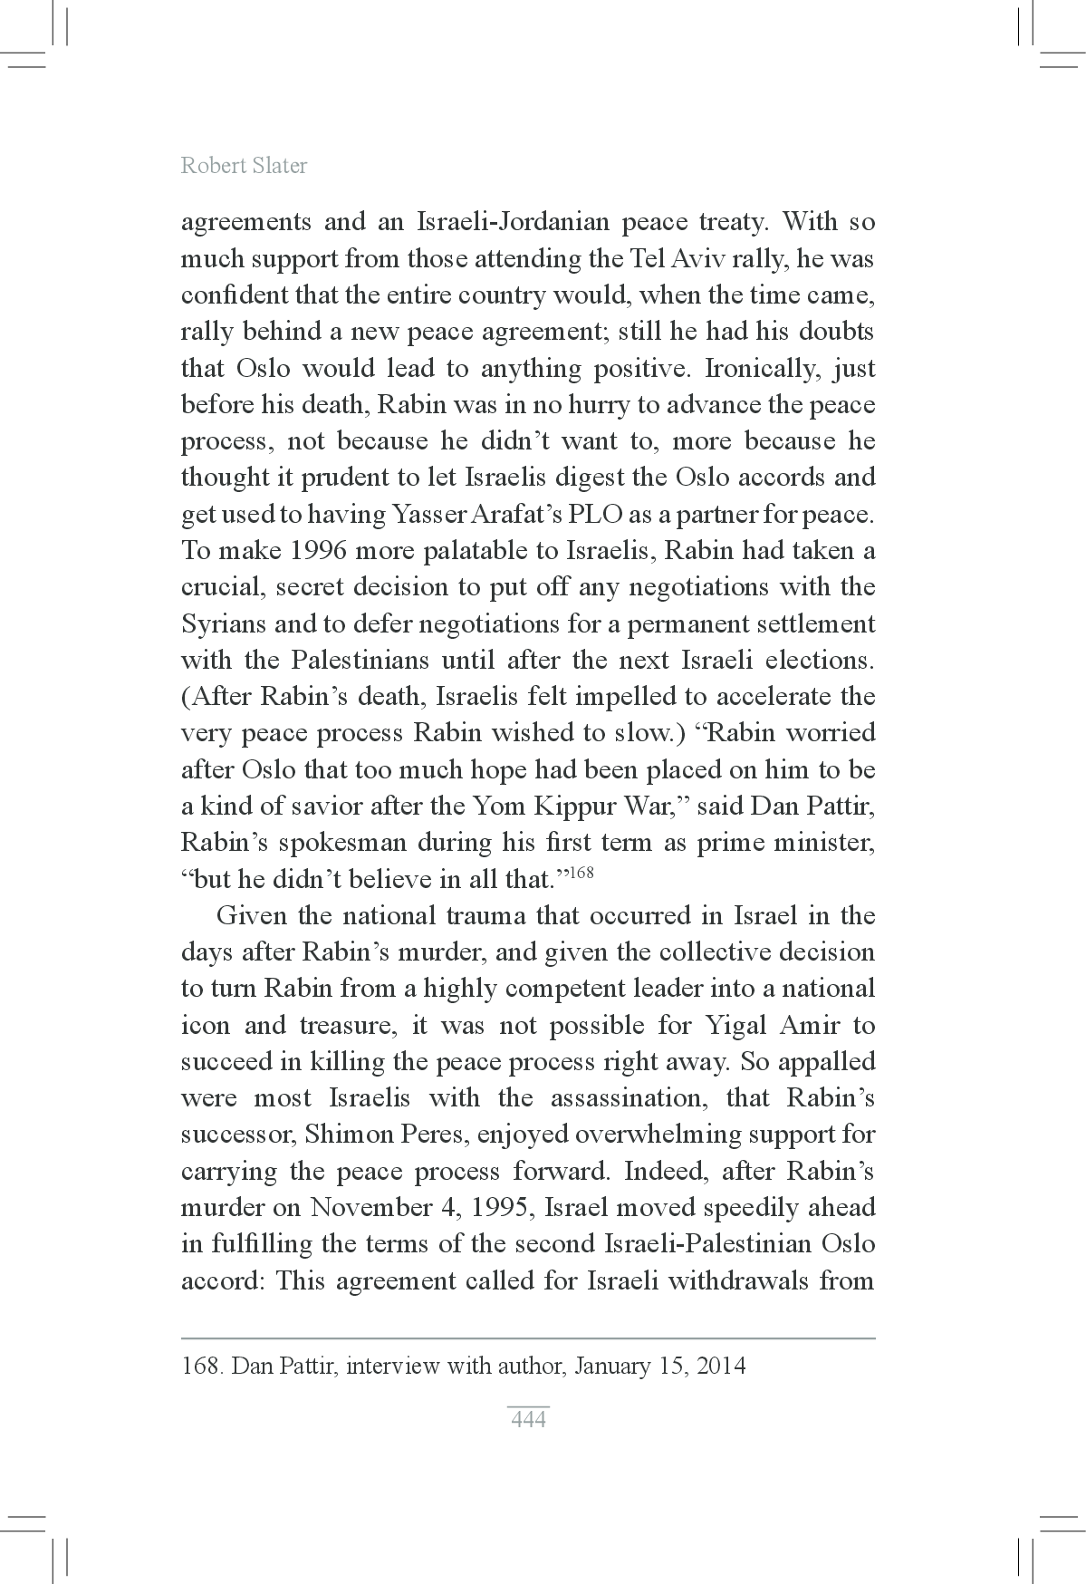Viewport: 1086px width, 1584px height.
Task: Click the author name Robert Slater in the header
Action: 244,166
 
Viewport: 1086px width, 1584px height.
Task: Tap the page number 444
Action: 528,1419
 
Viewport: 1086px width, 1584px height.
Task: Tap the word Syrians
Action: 224,624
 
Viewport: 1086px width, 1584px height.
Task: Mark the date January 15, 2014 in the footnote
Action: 659,1366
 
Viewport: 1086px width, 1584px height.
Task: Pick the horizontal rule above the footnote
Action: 528,1338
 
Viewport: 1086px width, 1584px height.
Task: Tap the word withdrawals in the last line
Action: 744,1281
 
